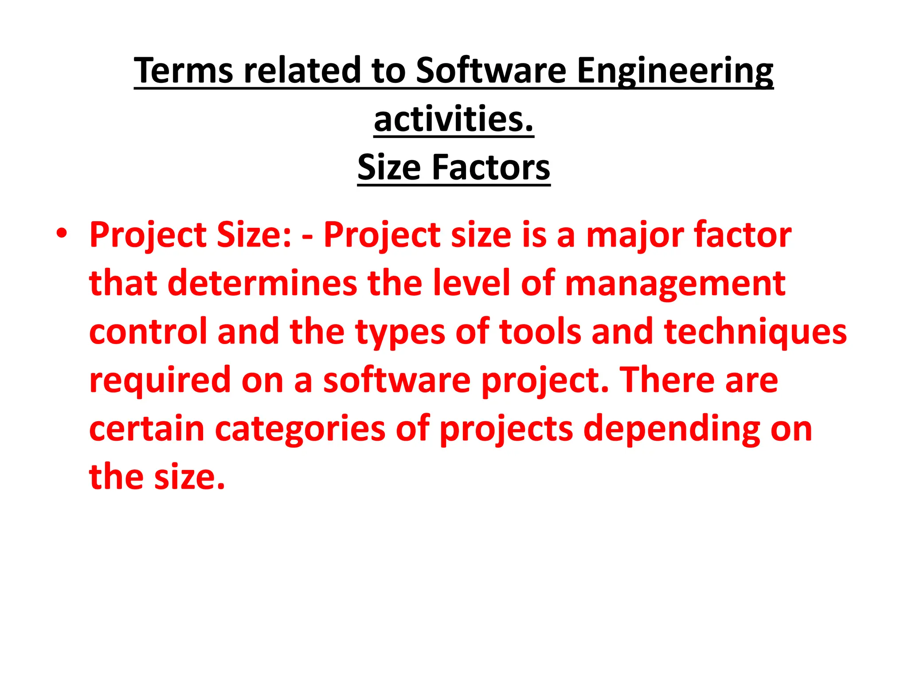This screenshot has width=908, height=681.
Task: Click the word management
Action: point(675,284)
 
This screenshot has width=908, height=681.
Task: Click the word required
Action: point(160,380)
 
